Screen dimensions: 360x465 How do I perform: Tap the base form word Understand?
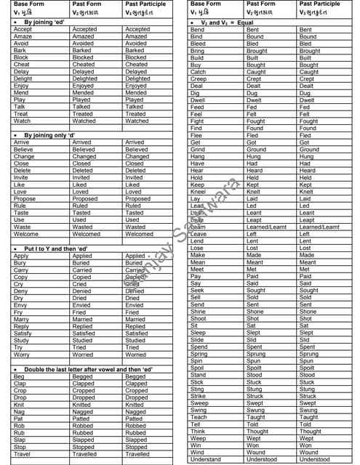(206, 459)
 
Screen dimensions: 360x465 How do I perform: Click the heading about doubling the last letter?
(87, 370)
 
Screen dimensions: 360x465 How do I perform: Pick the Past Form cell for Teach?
(257, 417)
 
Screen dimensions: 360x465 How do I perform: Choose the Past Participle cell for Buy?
(309, 65)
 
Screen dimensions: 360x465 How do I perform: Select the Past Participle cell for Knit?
(135, 405)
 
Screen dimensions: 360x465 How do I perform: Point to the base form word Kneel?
(198, 191)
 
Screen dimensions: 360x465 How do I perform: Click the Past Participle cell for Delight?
(136, 79)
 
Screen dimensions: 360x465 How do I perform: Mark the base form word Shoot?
(198, 318)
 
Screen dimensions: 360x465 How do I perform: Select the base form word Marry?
(21, 319)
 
